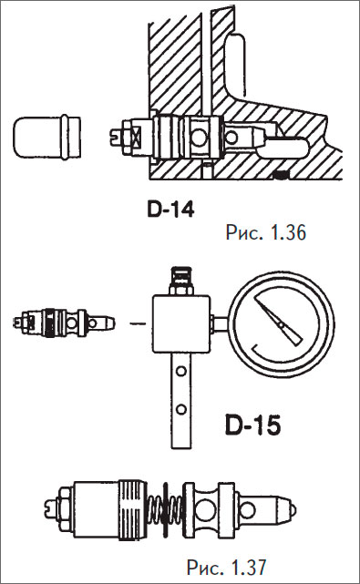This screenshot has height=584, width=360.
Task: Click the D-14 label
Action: pyautogui.click(x=170, y=210)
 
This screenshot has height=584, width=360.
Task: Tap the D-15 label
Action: pyautogui.click(x=253, y=425)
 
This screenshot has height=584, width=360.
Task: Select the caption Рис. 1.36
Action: pyautogui.click(x=266, y=232)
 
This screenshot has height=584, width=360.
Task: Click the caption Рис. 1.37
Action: pyautogui.click(x=227, y=568)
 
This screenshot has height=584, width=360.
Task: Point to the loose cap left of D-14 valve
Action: pyautogui.click(x=47, y=138)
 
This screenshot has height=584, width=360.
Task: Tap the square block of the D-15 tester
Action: pyautogui.click(x=182, y=323)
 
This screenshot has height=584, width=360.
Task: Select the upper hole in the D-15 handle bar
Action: pyautogui.click(x=181, y=371)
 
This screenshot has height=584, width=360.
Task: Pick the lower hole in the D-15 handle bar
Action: pyautogui.click(x=181, y=409)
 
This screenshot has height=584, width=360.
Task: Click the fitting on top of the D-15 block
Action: pyautogui.click(x=181, y=281)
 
